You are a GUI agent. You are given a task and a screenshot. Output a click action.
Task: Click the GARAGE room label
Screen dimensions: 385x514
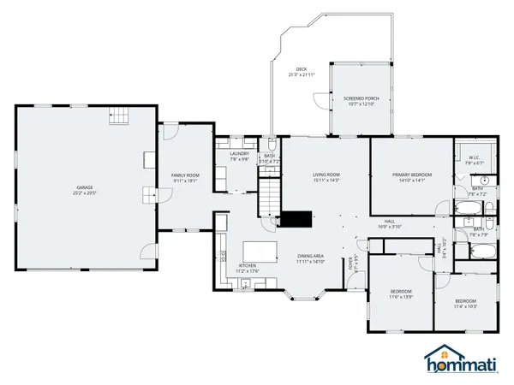pos(83,187)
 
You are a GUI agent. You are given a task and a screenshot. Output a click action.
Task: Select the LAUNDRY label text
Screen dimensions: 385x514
pos(239,153)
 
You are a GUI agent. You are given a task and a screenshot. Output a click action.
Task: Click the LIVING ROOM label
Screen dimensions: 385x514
pos(326,174)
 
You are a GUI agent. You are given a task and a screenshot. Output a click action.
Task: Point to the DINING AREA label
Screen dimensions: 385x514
pos(310,256)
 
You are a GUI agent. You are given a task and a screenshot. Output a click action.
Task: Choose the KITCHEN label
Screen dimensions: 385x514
pos(247,265)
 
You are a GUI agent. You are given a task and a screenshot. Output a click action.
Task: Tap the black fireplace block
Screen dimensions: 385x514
pos(297,220)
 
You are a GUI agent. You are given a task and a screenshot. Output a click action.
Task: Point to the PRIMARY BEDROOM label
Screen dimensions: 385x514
pos(412,175)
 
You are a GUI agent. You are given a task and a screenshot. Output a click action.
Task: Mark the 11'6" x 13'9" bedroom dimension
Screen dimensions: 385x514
pos(401,296)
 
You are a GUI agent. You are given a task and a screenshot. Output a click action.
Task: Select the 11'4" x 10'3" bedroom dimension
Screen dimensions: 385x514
pos(465,305)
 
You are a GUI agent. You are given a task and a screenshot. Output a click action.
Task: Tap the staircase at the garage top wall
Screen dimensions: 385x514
pos(120,115)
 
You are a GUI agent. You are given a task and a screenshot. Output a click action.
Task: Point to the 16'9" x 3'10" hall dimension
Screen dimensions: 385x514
pos(391,227)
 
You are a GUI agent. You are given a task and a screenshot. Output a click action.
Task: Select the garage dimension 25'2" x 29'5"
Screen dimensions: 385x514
pos(83,192)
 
